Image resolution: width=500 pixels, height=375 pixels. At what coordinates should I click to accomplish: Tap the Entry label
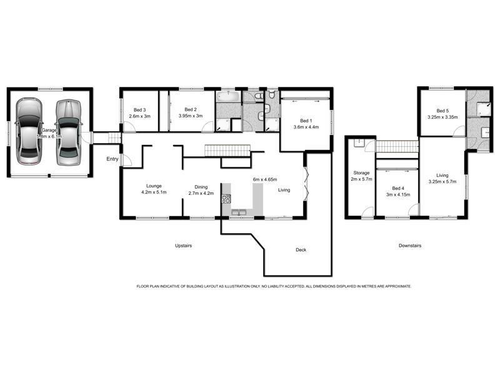coord(112,159)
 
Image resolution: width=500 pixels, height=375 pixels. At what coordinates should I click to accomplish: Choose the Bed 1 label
coord(306,121)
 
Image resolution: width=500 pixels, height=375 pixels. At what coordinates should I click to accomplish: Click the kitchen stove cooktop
coord(226,200)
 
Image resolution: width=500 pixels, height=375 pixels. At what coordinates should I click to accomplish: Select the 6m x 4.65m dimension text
coord(264,179)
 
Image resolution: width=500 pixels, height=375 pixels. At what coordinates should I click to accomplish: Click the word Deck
coord(301,250)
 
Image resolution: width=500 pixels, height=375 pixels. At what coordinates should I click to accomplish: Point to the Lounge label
coord(154,186)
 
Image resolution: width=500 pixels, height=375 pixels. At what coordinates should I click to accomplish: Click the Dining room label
coord(201,187)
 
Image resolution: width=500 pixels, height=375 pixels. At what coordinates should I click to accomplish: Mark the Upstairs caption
coord(182,246)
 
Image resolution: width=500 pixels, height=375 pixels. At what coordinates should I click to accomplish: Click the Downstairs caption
coord(409,246)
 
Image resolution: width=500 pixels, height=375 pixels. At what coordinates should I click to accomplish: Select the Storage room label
coord(361,172)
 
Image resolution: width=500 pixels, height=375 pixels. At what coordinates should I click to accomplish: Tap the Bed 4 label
coord(398,188)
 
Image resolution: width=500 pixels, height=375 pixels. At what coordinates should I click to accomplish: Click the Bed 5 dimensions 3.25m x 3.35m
coord(442,116)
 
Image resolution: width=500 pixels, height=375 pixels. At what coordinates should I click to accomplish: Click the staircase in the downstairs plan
coord(396,146)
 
